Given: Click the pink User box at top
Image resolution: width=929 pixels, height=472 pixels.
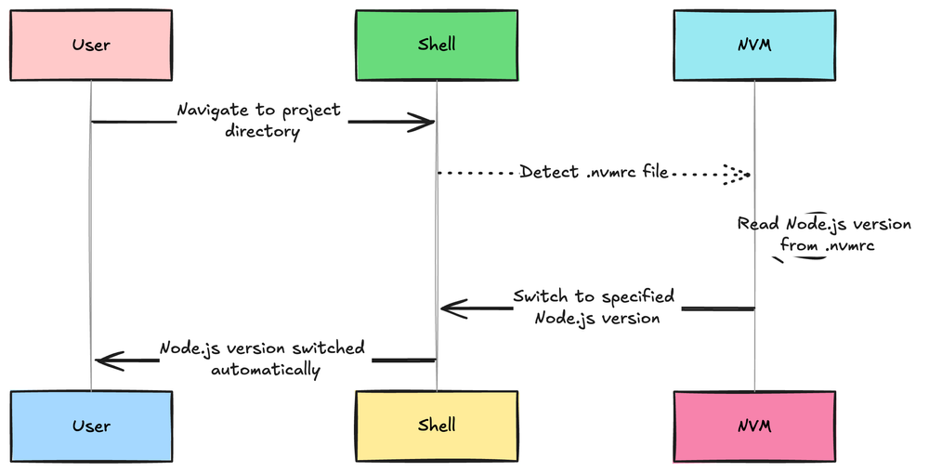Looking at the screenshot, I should [x=91, y=46].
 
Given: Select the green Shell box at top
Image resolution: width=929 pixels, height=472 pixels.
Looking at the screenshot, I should [x=437, y=46].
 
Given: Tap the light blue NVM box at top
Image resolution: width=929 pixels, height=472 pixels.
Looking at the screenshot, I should [x=754, y=46].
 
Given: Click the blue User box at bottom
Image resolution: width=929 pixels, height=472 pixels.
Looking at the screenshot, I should [x=91, y=426].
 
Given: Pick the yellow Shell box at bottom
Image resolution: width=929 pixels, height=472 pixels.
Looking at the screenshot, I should [x=437, y=426].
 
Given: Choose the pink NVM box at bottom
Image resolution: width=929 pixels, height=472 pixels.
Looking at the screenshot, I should [x=754, y=426].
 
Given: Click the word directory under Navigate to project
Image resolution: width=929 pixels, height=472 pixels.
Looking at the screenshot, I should [x=263, y=132].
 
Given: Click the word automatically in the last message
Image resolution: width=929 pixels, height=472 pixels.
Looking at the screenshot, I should [x=266, y=370].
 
